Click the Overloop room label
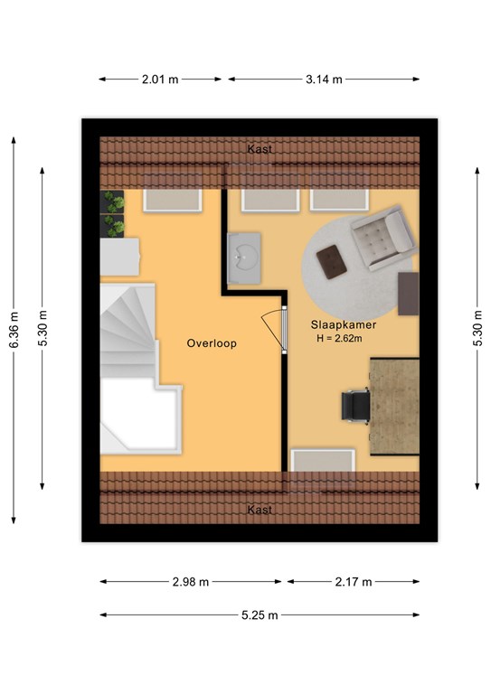point(212,343)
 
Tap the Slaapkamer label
point(344,325)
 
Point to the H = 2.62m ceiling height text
point(340,339)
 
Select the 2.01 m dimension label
point(160,80)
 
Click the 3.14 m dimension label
point(324,80)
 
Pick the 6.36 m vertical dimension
point(14,330)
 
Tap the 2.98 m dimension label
point(191,582)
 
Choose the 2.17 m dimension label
point(354,582)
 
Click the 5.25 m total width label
point(260,614)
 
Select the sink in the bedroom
point(244,258)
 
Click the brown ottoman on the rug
point(332,262)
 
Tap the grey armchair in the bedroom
point(384,238)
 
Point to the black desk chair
point(355,406)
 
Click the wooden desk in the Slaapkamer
point(394,407)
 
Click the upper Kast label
point(260,149)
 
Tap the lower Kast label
point(260,510)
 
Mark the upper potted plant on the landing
point(112,202)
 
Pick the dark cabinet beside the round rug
point(408,294)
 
